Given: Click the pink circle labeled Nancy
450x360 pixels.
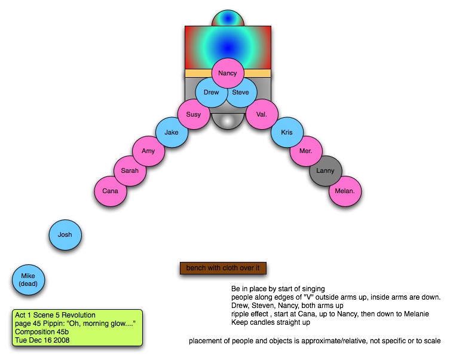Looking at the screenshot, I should coord(227,74).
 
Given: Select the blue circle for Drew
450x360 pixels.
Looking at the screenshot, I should coord(211,93).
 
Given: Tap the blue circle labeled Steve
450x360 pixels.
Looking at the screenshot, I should coord(241,93).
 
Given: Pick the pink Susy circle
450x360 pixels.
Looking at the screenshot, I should coord(194,114).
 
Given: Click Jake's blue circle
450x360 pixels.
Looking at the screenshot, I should coord(172,133).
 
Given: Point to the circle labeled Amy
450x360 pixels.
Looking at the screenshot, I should coord(148,151).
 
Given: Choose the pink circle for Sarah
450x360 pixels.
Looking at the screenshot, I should coord(130,171).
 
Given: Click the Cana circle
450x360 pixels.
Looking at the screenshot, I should coord(111,191).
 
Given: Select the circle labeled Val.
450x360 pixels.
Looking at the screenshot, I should coord(261,114).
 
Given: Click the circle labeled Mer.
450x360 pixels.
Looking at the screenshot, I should coord(306,151).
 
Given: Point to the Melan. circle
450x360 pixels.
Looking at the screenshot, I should coord(345,191).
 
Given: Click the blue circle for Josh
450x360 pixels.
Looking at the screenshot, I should coord(65,234).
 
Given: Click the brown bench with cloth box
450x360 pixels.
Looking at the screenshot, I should coord(222,268).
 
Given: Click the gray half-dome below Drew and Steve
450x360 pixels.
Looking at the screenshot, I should coord(227,121).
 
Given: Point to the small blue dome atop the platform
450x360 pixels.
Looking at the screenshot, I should coord(227,18).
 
